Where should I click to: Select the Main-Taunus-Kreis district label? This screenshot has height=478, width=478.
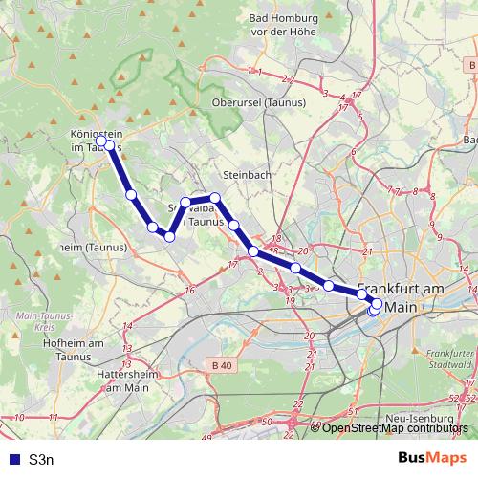[38, 320]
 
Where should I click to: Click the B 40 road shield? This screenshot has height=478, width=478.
[223, 365]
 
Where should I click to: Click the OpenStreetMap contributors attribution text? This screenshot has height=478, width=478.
[395, 427]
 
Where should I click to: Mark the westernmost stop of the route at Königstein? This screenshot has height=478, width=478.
[101, 141]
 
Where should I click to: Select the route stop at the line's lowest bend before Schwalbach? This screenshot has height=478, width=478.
[169, 236]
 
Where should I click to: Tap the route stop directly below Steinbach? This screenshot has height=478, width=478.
[234, 225]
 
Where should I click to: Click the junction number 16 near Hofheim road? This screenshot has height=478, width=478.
[190, 290]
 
